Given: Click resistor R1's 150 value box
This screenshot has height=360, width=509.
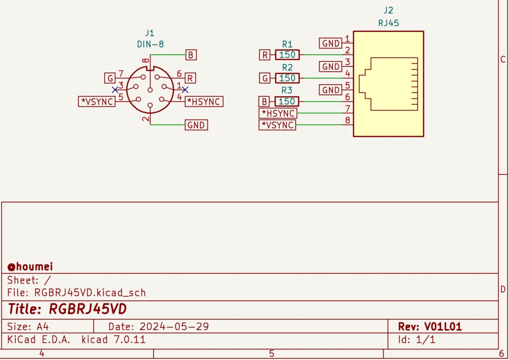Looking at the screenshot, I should (x=287, y=55).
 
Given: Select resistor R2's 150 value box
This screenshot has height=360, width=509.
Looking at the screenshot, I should (x=287, y=78).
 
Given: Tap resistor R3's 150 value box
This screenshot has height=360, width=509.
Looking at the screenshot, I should (x=287, y=101).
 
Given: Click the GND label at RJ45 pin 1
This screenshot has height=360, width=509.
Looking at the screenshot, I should (x=331, y=43).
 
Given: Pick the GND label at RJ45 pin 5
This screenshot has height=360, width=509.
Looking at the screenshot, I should (x=331, y=90).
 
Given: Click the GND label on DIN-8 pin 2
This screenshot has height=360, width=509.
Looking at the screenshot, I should (x=196, y=125).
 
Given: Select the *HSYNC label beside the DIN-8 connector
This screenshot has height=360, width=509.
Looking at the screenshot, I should (x=204, y=101).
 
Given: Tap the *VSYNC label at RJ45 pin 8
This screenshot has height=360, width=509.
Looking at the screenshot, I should (x=277, y=125).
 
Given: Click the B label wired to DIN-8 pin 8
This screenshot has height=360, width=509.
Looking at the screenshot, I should (x=191, y=55).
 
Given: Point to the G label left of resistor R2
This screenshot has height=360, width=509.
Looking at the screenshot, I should (x=265, y=78).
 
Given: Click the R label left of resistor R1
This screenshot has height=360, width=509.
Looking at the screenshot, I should (x=265, y=55).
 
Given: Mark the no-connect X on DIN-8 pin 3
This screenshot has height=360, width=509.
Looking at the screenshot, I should (x=115, y=90).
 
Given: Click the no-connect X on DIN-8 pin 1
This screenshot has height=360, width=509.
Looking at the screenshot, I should (x=185, y=90).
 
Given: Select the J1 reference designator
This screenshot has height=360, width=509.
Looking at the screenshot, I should (x=150, y=33).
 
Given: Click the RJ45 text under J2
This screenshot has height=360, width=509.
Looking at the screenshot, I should (x=388, y=22).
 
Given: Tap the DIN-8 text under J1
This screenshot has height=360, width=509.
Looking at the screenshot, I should (x=150, y=44).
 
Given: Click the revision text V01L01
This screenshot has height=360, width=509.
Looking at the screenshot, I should (x=442, y=327).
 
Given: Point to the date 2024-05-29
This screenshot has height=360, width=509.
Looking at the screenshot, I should (x=174, y=327).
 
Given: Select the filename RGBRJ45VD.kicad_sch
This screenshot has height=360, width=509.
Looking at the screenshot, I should (x=90, y=292).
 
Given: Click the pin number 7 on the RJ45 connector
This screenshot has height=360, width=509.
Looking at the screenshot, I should (x=348, y=108).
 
